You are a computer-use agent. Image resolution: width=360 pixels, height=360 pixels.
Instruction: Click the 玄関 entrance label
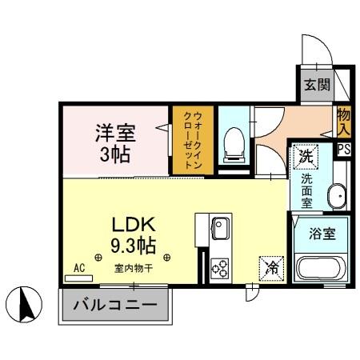click(x=314, y=85)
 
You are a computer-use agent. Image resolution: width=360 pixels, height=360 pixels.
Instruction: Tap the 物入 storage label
click(x=344, y=121)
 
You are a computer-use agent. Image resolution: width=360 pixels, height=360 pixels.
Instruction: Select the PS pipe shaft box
click(x=344, y=150)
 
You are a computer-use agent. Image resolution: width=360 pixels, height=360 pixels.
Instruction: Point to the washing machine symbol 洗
click(x=305, y=158)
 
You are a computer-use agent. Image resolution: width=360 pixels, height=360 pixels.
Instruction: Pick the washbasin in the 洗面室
click(x=337, y=195)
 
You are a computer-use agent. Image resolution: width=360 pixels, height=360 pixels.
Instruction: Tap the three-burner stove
click(x=220, y=270)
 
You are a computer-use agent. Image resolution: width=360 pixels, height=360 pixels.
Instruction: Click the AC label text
click(x=79, y=268)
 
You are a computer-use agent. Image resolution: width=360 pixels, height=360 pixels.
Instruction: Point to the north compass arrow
click(x=24, y=305)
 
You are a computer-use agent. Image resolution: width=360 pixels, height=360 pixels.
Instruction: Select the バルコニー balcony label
click(x=116, y=305)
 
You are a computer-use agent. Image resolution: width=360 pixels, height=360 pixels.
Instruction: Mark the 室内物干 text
click(x=133, y=269)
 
